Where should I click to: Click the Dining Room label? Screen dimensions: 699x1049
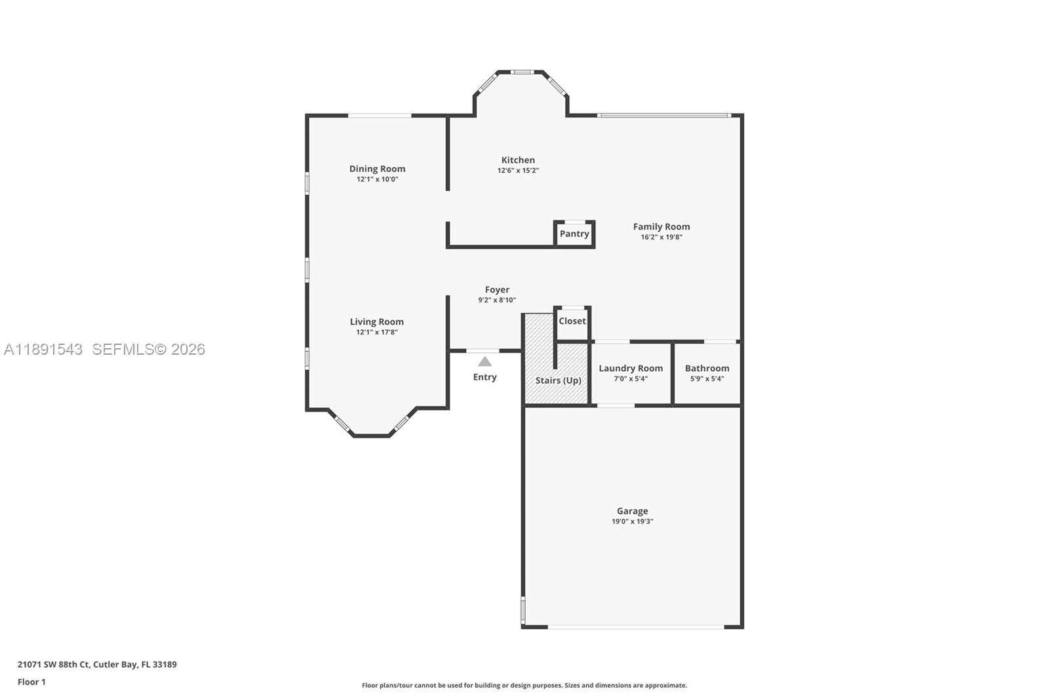pos(377,169)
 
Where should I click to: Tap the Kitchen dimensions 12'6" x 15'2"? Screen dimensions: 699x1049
pos(518,170)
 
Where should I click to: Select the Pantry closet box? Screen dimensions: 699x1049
pos(574,234)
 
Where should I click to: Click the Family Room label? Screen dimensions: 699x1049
pos(661,226)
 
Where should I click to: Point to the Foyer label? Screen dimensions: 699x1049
pos(497,289)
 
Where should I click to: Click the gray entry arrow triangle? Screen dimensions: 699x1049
pos(485,361)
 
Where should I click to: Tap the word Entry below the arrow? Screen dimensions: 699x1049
pos(485,377)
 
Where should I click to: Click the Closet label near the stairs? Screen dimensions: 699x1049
pos(572,321)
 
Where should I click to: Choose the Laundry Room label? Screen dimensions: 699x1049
pos(630,368)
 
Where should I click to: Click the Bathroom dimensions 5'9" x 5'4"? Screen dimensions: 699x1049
pos(707,379)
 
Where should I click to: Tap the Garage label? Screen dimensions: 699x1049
pos(632,511)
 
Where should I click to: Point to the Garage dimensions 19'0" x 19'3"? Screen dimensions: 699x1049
pos(632,522)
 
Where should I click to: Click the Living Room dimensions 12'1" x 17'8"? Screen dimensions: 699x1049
pos(377,332)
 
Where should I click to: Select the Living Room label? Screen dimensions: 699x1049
pos(377,321)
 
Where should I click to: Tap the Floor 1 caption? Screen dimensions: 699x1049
pos(31,682)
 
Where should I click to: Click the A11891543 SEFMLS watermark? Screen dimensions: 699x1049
pos(105,349)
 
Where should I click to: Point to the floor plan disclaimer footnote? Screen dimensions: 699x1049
pos(524,685)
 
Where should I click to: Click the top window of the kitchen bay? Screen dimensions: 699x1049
pos(522,72)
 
